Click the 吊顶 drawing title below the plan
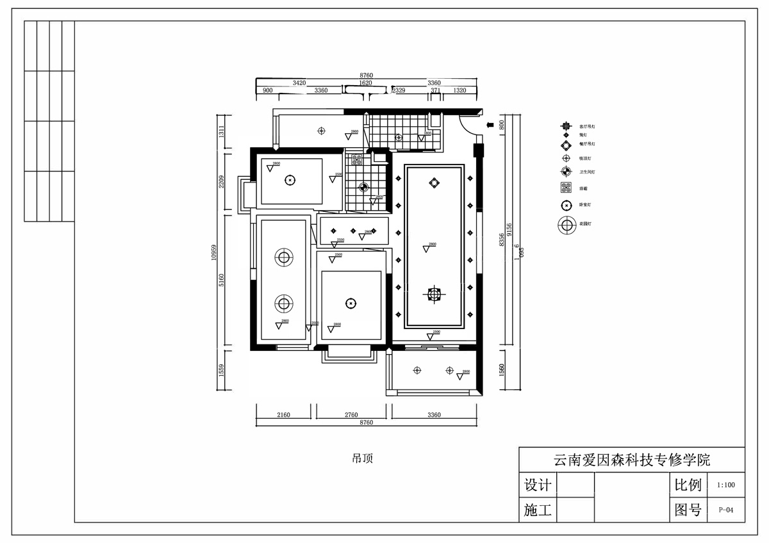(362, 458)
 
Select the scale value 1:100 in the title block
(726, 485)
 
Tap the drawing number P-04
(726, 510)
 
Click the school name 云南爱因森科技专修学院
(631, 460)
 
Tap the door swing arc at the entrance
(471, 126)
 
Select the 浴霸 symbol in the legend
(566, 188)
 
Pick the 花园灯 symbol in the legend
(566, 225)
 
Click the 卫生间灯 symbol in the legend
(566, 172)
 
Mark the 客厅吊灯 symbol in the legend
(566, 127)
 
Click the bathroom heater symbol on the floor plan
(357, 160)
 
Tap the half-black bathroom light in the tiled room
(363, 188)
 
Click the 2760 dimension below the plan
(351, 415)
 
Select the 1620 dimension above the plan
(365, 83)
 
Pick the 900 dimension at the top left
(268, 91)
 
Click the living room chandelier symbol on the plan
(434, 294)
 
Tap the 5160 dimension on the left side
(222, 280)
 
